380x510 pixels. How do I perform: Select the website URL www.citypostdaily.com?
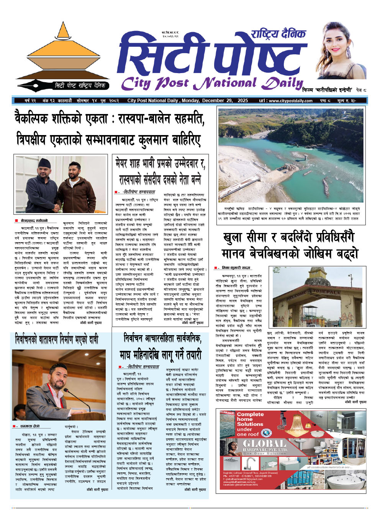(291, 101)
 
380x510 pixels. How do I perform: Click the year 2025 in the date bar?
(242, 101)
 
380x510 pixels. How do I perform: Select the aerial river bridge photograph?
(291, 155)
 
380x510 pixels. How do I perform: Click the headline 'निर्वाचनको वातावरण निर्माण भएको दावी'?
(57, 339)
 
